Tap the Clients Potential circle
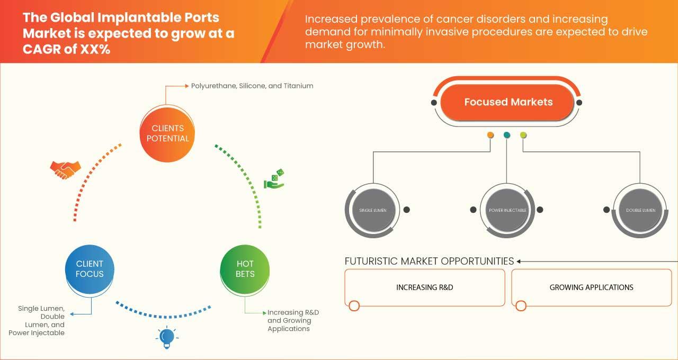click(x=167, y=134)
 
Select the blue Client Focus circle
click(x=90, y=269)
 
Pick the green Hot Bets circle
click(x=245, y=269)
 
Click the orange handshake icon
click(x=65, y=170)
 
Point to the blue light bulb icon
click(x=167, y=337)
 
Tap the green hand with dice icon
click(x=274, y=179)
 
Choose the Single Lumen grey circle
click(x=373, y=210)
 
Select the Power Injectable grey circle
click(x=507, y=210)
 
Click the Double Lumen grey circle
click(x=640, y=210)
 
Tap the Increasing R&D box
click(x=425, y=287)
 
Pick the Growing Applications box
click(x=592, y=287)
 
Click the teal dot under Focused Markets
click(x=507, y=135)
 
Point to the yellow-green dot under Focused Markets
click(x=523, y=135)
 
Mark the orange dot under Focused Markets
click(x=490, y=135)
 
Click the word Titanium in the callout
click(x=298, y=86)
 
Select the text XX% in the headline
click(x=96, y=49)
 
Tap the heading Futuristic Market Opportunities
click(x=429, y=261)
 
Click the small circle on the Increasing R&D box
click(x=354, y=305)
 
